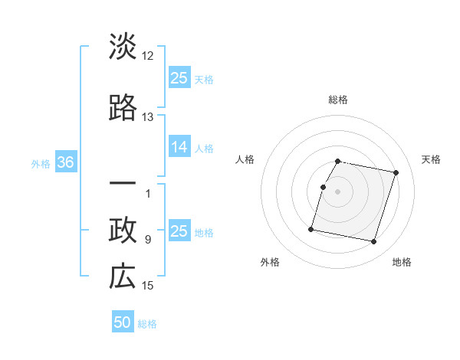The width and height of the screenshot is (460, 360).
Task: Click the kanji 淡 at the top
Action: point(123,47)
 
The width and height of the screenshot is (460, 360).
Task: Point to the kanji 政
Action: point(123,231)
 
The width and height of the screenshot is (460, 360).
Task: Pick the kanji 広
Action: point(123,277)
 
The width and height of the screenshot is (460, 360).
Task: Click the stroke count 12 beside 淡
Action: point(148,56)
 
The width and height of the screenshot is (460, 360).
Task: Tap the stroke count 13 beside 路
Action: point(148,117)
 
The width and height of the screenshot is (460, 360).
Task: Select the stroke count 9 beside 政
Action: point(148,240)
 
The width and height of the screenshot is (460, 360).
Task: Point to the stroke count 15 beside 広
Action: point(148,286)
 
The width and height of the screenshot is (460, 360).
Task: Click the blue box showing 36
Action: point(65,163)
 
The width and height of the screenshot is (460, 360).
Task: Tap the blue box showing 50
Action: point(123,322)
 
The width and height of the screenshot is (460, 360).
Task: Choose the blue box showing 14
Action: point(179,148)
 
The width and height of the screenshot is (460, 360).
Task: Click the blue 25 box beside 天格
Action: point(179,78)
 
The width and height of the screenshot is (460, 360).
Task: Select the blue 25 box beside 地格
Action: point(179,231)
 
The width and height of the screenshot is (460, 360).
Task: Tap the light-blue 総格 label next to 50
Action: point(148,324)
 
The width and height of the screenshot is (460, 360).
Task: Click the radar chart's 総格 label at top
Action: point(338,100)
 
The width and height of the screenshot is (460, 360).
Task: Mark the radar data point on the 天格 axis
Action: point(396,173)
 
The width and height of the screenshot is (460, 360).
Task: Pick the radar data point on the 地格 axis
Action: point(373,242)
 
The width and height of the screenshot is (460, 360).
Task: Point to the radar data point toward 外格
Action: point(311,229)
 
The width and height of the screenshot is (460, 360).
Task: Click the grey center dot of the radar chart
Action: point(338,191)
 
